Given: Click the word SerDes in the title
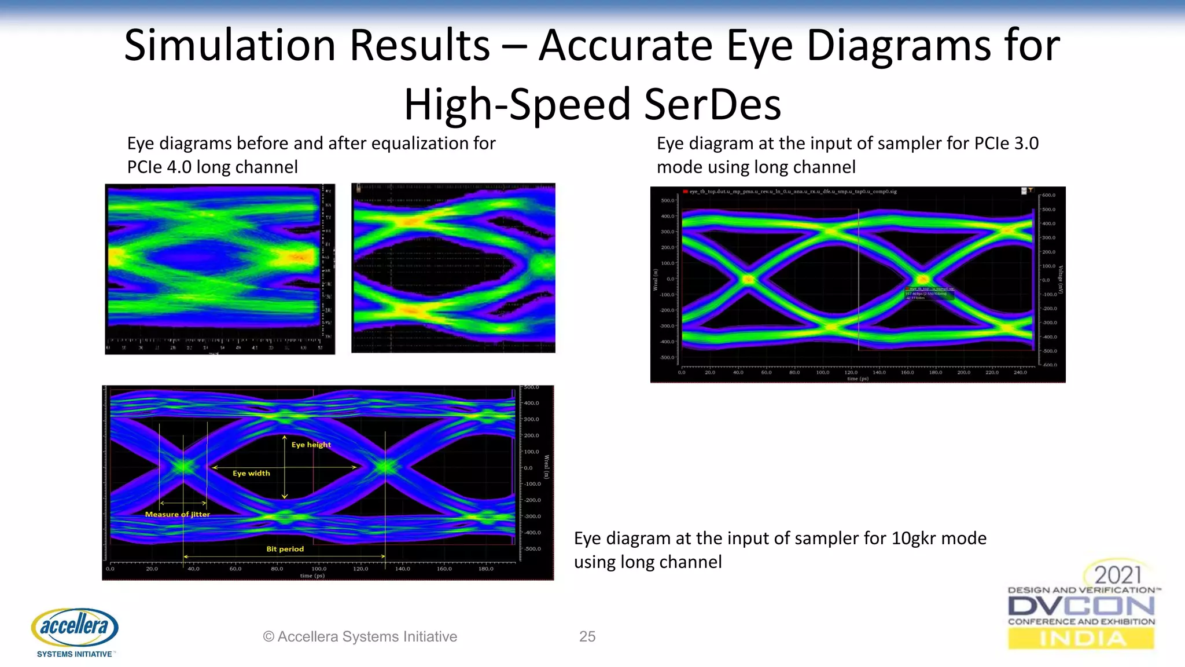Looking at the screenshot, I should coord(712,105).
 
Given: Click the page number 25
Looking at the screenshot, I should coord(587,636).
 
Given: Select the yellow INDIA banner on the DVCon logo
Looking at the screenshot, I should coord(1081,639).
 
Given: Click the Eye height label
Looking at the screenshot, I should coord(311,445).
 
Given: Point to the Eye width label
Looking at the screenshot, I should coord(251,473).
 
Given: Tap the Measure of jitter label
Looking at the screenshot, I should coord(177,514).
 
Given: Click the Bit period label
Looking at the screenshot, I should coord(285,549).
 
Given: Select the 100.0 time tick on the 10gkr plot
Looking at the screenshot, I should coord(319,569).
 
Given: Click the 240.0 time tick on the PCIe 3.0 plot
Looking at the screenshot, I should coord(1020,372).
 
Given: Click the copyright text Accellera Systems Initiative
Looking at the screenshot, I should coord(360,636).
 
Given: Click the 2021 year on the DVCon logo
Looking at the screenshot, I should coord(1117,575).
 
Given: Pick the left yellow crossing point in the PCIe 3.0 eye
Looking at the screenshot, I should coord(748,279).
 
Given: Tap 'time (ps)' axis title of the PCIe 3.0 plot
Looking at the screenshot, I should coord(858,379).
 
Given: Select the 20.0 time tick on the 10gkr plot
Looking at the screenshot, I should coord(152,569).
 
